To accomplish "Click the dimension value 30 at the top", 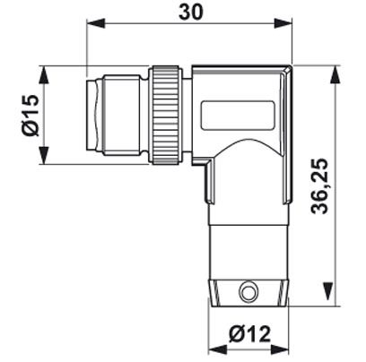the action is [x=191, y=12].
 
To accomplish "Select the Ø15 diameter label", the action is [x=31, y=116].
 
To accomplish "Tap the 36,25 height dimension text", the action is [x=319, y=186].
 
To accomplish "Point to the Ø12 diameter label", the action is [x=249, y=333].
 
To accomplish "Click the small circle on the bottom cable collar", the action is [x=248, y=289].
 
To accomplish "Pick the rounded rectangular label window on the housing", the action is [x=238, y=116].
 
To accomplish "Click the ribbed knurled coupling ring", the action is [x=166, y=115].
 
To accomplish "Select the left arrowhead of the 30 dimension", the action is [x=96, y=23].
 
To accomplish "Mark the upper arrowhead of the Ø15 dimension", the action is [x=44, y=75].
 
